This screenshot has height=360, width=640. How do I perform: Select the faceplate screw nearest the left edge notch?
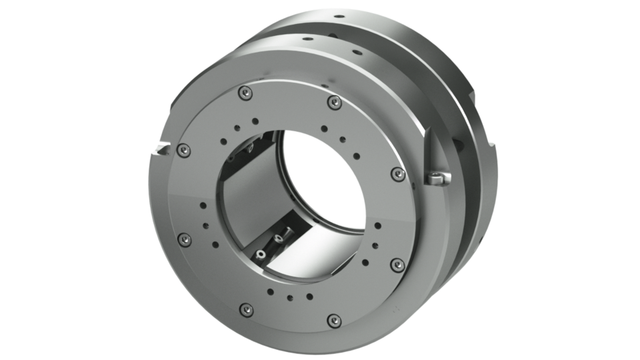click(x=181, y=153)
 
